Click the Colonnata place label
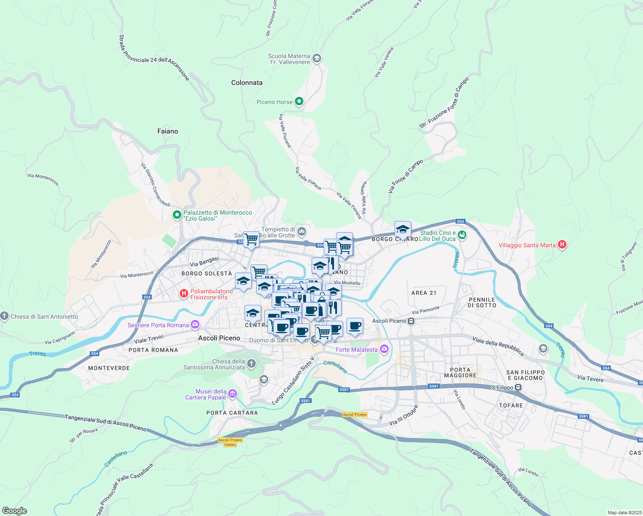point(247,83)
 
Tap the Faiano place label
point(168,131)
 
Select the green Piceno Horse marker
point(299,102)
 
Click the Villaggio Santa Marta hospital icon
point(562,245)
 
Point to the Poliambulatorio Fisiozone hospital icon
point(184,294)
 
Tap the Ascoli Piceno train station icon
point(411,321)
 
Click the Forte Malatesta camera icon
point(384,349)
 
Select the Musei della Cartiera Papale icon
point(233,394)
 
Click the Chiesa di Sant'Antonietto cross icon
point(4,316)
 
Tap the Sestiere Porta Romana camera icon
point(195,325)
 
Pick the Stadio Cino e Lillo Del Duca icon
point(462,235)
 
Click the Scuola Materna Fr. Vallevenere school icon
point(317,58)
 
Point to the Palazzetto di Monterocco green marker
point(177,215)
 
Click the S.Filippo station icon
point(518,387)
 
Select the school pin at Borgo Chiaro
point(403,229)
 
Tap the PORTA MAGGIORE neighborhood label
point(460,372)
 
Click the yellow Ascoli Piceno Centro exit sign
point(230,442)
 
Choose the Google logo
point(15,511)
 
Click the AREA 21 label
point(424,293)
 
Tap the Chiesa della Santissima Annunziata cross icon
point(251,364)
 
